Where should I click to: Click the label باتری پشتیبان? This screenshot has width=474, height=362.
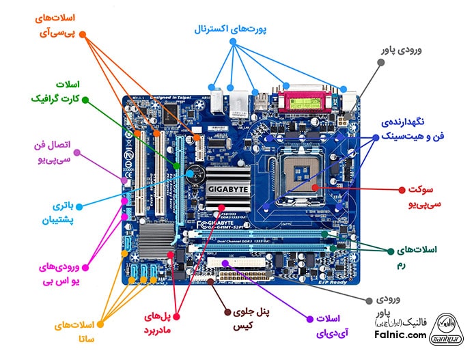click(68, 212)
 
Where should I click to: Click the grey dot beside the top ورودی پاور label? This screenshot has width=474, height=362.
click(380, 61)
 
